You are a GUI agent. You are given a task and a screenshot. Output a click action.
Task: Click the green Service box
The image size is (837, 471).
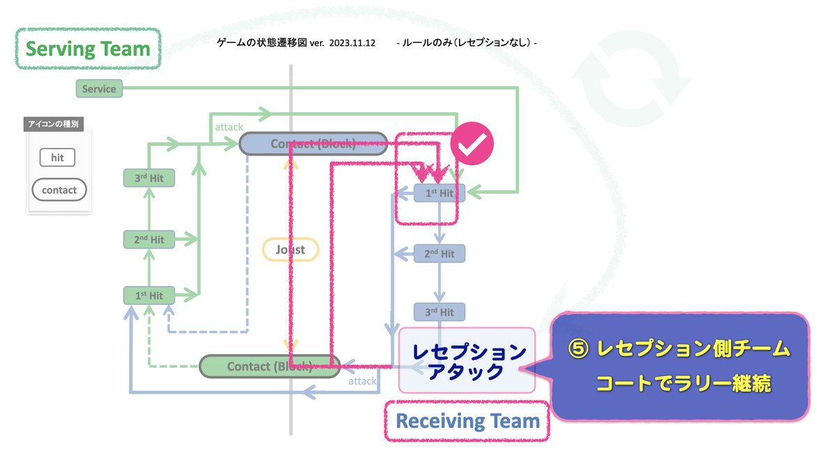point(98,89)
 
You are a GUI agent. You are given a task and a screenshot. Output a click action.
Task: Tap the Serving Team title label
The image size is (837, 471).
point(88,50)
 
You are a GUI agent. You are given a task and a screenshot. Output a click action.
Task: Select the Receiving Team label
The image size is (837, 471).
point(467,421)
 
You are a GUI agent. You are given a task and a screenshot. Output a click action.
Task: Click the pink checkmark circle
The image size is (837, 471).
point(472,144)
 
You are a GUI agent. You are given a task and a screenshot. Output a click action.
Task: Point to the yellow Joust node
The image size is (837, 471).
point(290,249)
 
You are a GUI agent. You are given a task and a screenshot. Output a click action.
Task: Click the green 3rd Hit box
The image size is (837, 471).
point(149,178)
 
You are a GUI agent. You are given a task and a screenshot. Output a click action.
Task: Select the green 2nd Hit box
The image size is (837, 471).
point(149,239)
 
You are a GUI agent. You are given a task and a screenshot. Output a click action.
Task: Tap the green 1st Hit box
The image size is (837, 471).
point(149,295)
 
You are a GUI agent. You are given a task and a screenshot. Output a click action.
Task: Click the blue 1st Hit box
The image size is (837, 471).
point(439,193)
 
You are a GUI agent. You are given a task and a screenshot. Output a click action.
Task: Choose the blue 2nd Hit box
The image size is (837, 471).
point(439,253)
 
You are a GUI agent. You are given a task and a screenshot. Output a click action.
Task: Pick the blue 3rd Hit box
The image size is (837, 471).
point(439,312)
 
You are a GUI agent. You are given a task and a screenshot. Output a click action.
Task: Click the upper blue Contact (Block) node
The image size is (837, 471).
point(313,144)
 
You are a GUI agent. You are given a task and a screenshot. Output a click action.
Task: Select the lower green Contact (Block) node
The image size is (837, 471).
point(269,366)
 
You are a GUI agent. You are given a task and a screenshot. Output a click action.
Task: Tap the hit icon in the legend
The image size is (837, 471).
point(57,158)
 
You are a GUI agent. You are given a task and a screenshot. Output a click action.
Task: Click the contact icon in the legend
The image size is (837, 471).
point(59,190)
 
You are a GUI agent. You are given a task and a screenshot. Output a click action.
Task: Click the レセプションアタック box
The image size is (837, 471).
point(467,361)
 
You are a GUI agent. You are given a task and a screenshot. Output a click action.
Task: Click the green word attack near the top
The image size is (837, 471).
point(229,127)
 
